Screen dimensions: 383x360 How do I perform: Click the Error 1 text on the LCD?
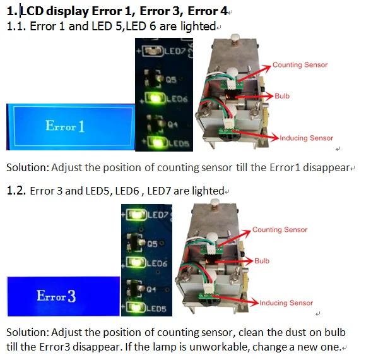pos(65,126)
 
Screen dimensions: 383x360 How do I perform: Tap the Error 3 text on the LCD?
pos(56,296)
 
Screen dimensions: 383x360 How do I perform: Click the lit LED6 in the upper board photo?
pos(153,99)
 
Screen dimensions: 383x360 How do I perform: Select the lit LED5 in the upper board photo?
pos(153,143)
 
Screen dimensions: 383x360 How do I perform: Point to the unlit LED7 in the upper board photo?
pos(151,49)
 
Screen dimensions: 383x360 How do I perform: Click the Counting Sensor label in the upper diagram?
pos(300,65)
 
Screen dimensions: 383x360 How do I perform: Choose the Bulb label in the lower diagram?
pos(262,260)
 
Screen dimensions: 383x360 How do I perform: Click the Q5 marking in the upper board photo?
pos(171,80)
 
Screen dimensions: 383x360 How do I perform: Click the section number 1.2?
pos(15,191)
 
